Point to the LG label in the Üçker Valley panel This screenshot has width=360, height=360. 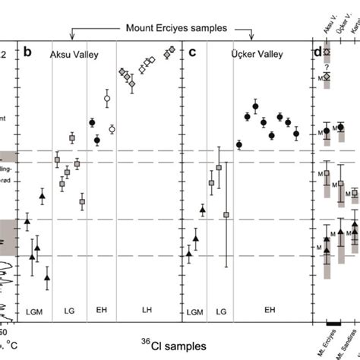click(x=222, y=311)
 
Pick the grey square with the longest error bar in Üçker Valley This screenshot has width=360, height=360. click(x=226, y=215)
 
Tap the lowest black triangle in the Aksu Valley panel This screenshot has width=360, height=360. click(x=47, y=278)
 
